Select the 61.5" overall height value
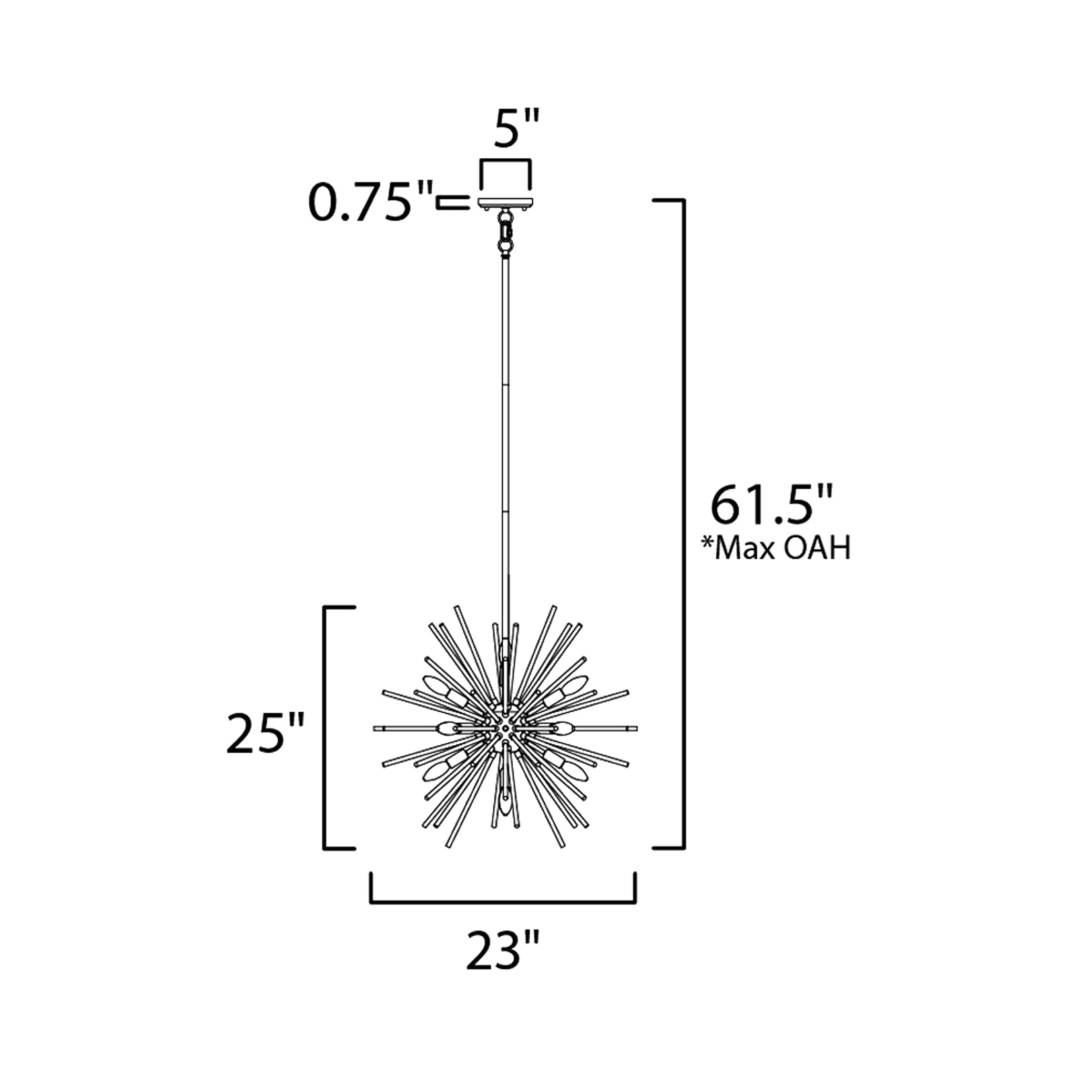pyautogui.click(x=772, y=506)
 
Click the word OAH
pyautogui.click(x=817, y=549)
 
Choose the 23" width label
pyautogui.click(x=503, y=951)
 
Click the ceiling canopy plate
pyautogui.click(x=506, y=203)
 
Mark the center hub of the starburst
pyautogui.click(x=504, y=728)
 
